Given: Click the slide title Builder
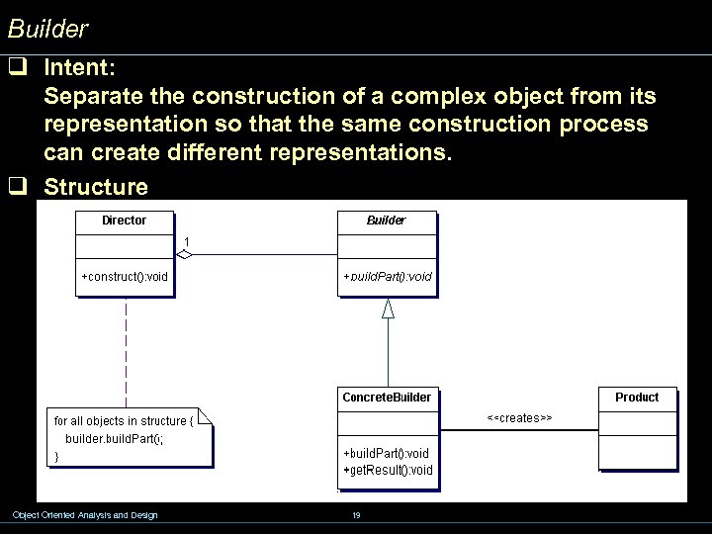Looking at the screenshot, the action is (x=47, y=30).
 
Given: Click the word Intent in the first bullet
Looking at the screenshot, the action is (x=79, y=69).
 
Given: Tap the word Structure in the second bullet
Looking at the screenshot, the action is (x=96, y=187).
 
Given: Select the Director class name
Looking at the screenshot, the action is (x=124, y=221).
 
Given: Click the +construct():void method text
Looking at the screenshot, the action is (x=125, y=277).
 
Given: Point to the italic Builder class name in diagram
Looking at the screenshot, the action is (x=386, y=221).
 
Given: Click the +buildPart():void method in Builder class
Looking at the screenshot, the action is (x=388, y=277).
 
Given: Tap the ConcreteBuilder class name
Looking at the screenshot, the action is (x=387, y=398).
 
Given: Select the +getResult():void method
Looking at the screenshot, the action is (x=388, y=470).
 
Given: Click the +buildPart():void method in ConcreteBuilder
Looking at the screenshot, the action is (x=386, y=454).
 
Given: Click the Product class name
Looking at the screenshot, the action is (x=637, y=398).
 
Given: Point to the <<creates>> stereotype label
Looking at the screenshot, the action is (x=519, y=418).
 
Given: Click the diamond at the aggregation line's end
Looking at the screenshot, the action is (x=184, y=255).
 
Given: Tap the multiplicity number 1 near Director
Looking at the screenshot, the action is (x=187, y=241).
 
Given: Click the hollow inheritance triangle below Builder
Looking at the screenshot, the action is (x=388, y=309).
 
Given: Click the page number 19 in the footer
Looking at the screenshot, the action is (x=356, y=515).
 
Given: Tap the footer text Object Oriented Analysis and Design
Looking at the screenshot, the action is (x=84, y=515).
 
